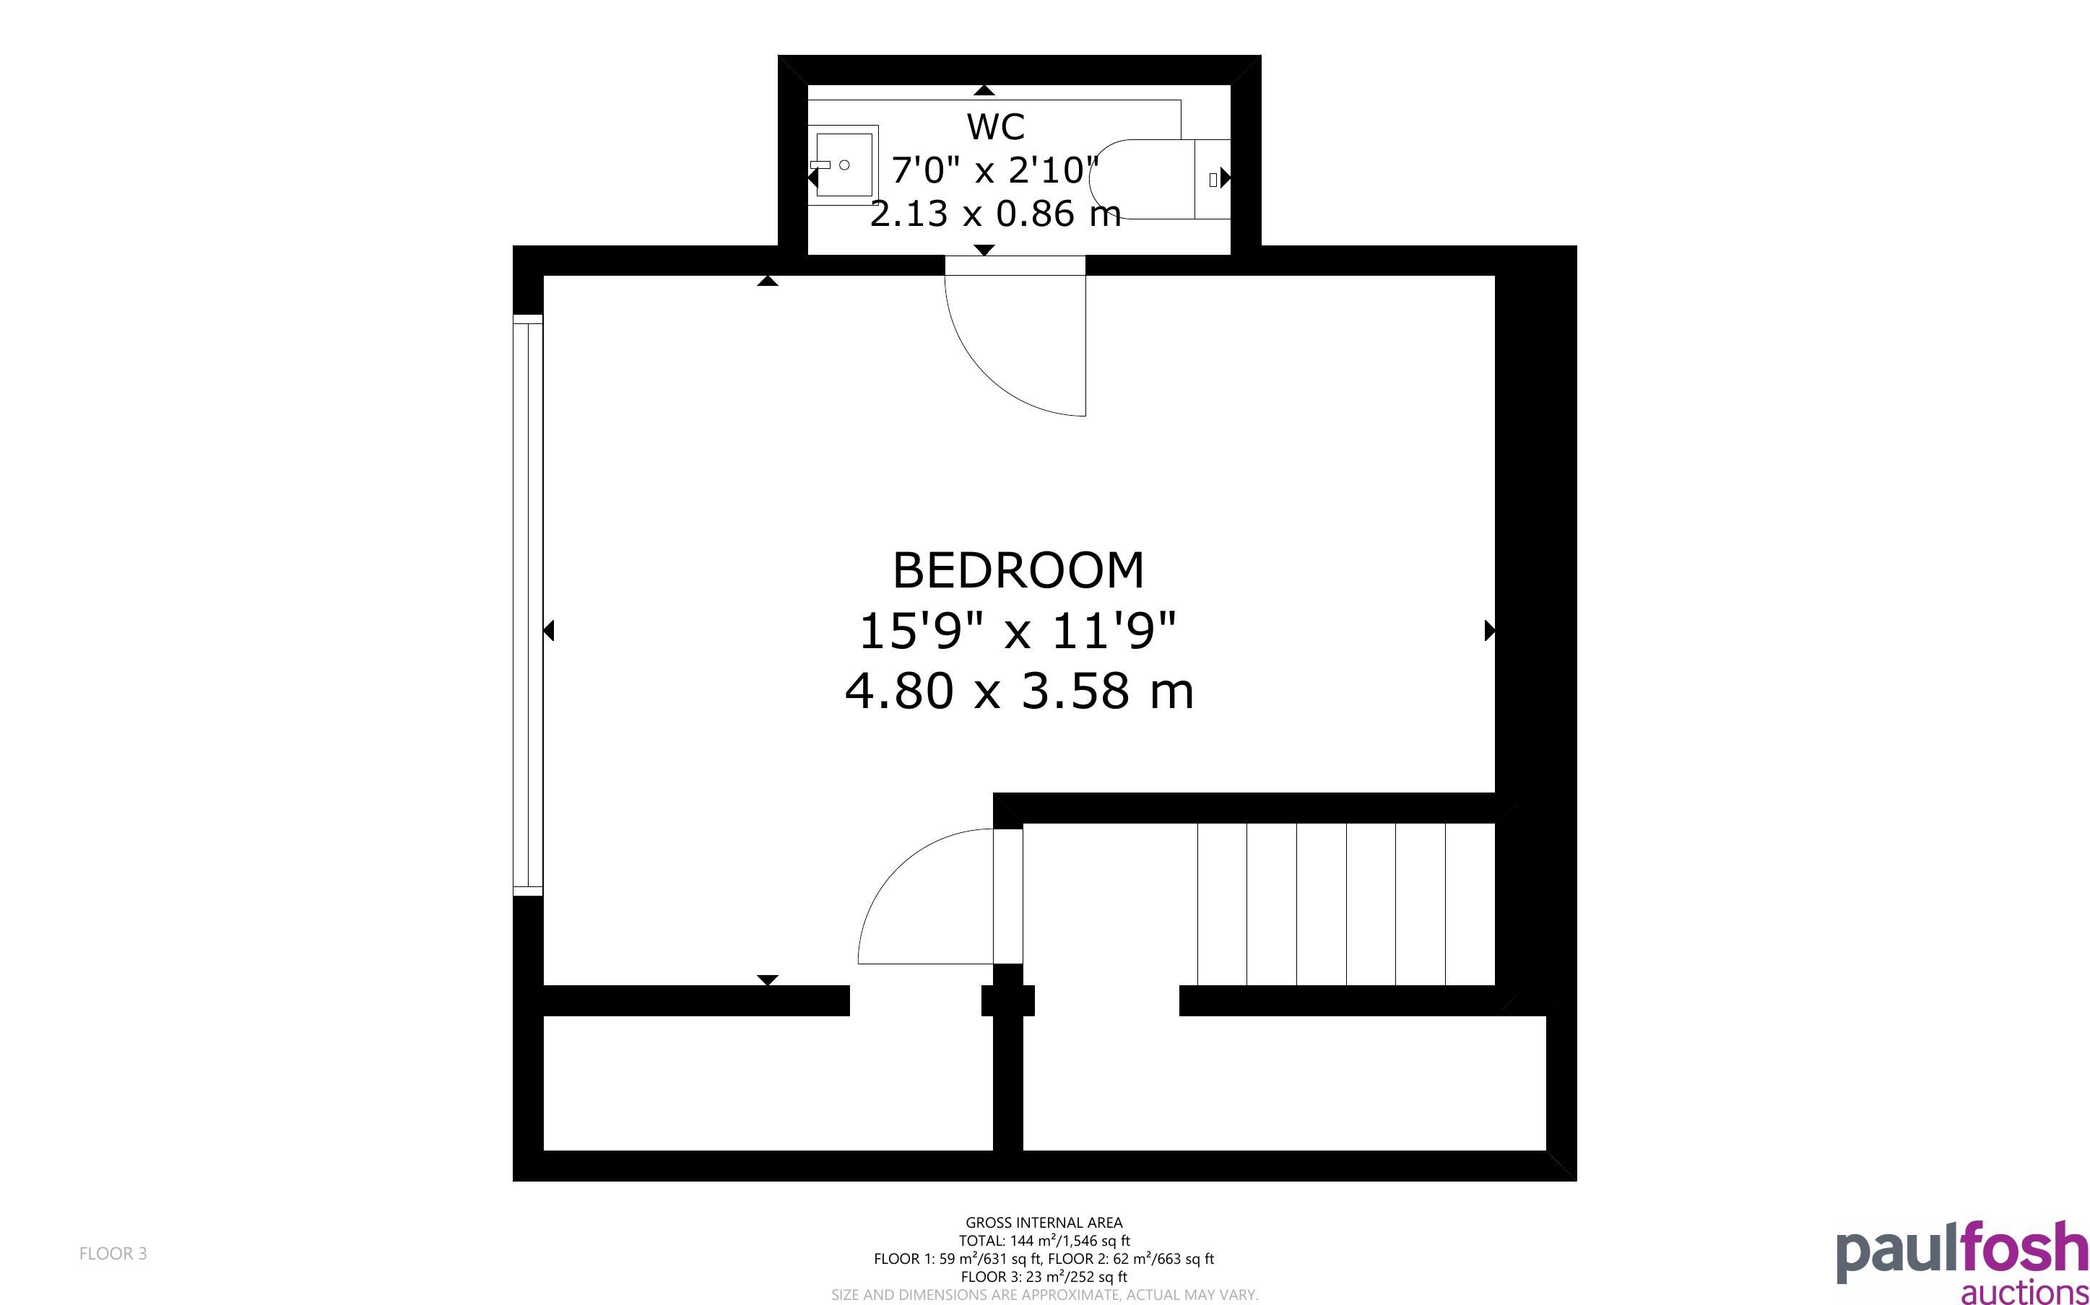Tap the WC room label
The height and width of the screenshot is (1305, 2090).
click(x=995, y=127)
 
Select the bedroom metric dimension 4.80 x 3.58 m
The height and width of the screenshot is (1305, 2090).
click(x=1019, y=691)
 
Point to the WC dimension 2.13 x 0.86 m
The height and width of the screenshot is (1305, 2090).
click(x=995, y=213)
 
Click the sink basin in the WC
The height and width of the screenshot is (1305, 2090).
click(x=844, y=165)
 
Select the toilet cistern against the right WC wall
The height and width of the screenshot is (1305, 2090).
click(x=1212, y=179)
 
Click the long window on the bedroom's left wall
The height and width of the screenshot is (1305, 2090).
click(x=527, y=605)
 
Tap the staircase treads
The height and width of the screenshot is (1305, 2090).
click(x=1346, y=904)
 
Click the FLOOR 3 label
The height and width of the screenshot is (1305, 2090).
click(x=113, y=1253)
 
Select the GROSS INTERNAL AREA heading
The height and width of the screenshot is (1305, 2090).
click(x=1044, y=1222)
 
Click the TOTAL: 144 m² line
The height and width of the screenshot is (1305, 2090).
click(x=1044, y=1240)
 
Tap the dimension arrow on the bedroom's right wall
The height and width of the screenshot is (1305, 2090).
click(x=1489, y=631)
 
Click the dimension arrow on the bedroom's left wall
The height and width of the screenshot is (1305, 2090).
click(x=548, y=631)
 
